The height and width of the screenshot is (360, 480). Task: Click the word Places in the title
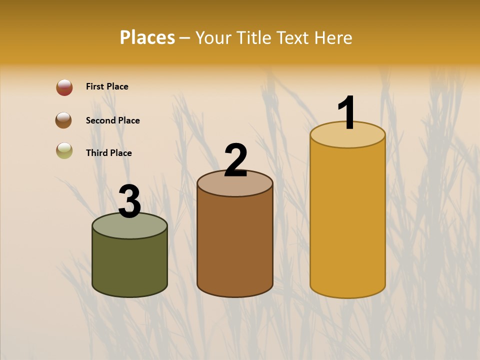click(x=147, y=37)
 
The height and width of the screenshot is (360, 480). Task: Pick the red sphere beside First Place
click(x=64, y=87)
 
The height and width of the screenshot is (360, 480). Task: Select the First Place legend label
click(x=107, y=86)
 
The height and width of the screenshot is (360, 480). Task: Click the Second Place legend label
click(x=112, y=120)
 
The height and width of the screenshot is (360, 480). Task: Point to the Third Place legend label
click(x=108, y=153)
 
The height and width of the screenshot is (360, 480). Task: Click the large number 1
click(x=346, y=113)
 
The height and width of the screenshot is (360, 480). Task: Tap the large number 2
click(x=235, y=160)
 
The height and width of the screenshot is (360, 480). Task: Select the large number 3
click(x=130, y=201)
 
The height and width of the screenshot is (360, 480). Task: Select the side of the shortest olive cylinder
click(x=130, y=265)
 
